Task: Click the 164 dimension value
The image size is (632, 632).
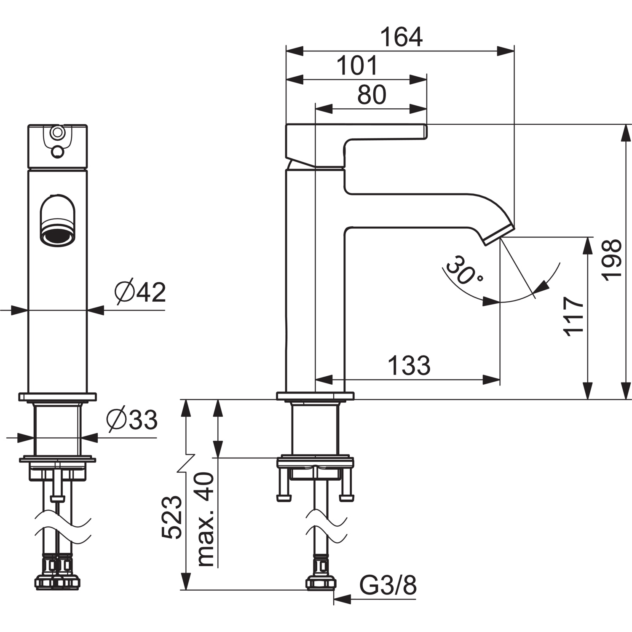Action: coord(401,37)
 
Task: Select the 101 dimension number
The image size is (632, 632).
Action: coord(357,66)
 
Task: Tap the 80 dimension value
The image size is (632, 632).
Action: coord(372,95)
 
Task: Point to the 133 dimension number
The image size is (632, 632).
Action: coord(409,365)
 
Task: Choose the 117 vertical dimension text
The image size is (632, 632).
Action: coord(574,316)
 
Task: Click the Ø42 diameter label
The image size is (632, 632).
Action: coord(140,292)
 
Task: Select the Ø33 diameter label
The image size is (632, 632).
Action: coord(132,420)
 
